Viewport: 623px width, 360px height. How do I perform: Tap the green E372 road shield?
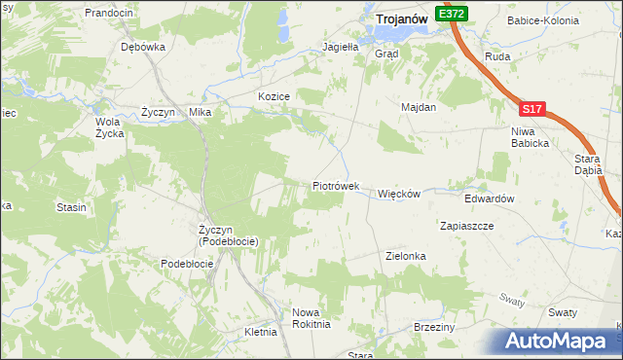452,15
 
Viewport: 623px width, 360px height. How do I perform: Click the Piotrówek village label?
336,185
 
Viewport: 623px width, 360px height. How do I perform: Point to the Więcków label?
398,194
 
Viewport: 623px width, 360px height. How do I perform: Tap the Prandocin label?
108,13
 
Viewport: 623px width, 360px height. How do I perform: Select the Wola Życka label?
109,127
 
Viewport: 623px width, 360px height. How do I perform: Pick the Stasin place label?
71,207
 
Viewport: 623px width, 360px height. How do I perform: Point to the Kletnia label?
261,332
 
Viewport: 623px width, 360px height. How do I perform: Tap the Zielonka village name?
406,256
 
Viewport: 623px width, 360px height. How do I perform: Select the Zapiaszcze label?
467,225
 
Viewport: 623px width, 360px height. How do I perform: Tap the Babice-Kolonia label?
542,19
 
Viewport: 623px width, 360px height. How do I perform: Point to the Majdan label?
418,107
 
